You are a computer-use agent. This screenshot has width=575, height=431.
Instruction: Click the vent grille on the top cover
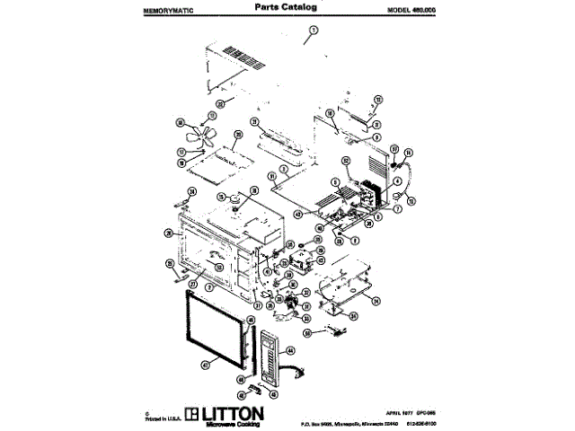click(245, 63)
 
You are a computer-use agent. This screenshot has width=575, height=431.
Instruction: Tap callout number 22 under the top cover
click(221, 104)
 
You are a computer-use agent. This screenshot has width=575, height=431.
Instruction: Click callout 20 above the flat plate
click(238, 136)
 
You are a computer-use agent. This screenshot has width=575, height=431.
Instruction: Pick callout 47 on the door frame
click(205, 365)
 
